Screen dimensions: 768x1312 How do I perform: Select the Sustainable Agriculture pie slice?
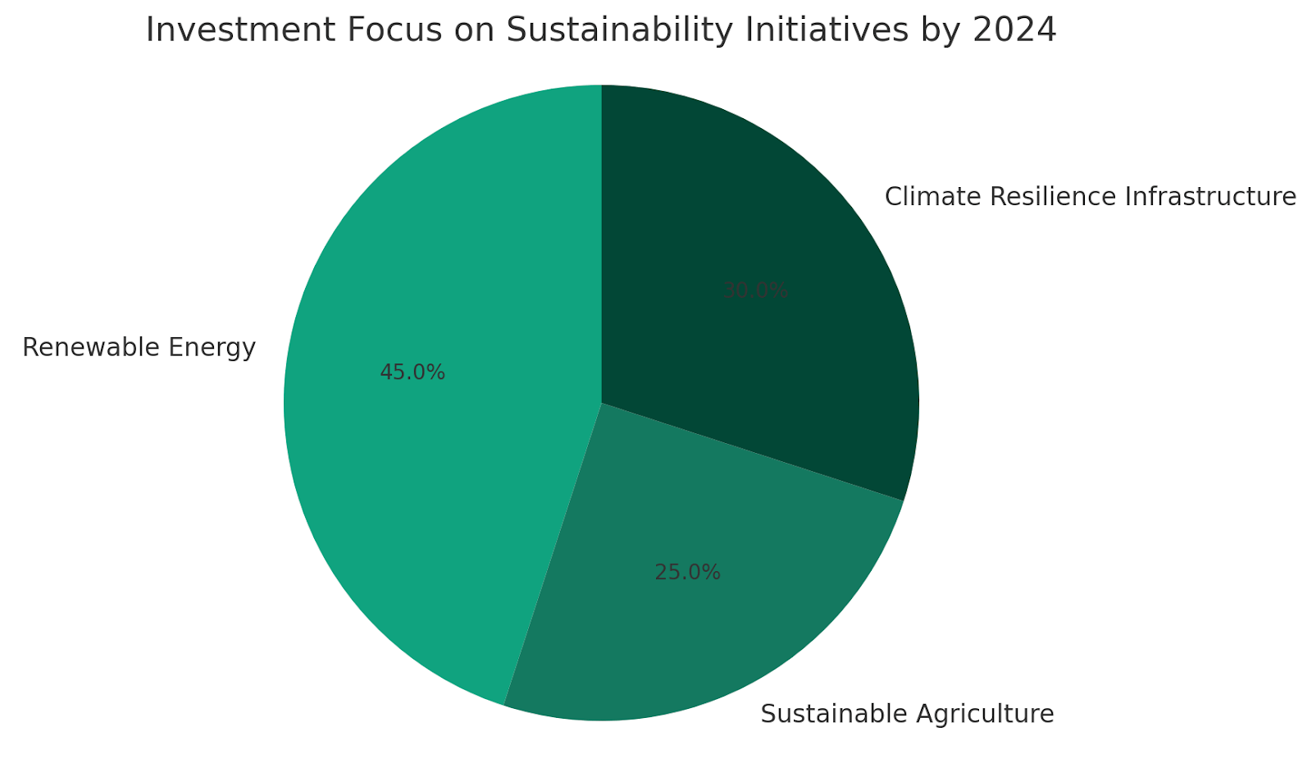click(697, 624)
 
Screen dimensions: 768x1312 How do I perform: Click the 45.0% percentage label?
click(412, 373)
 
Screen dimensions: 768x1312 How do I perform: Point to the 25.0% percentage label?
click(687, 573)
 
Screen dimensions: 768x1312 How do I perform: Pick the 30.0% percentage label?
click(755, 291)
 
